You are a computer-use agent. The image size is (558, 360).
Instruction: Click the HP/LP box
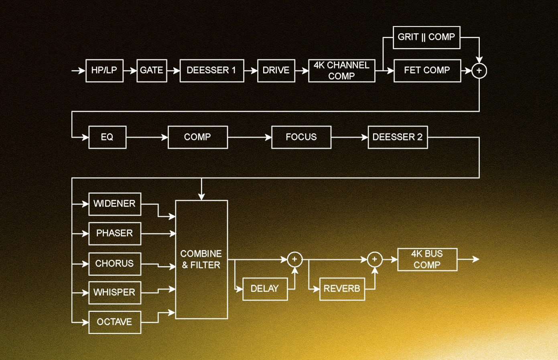point(104,71)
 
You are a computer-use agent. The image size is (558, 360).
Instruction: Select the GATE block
point(152,71)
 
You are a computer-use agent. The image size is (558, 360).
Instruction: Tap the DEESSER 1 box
point(212,71)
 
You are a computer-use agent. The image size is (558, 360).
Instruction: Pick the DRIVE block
point(276,71)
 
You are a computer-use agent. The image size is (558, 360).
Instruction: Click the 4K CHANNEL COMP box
point(341,71)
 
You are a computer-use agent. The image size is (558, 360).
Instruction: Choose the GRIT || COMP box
point(426,37)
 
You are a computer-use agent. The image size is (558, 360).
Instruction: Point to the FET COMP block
point(427,71)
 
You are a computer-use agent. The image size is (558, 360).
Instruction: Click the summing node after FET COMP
point(479,71)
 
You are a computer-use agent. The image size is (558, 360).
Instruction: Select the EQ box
point(107,137)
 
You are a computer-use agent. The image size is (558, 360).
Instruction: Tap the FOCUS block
point(301,137)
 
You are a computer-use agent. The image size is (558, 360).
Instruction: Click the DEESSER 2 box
point(398,137)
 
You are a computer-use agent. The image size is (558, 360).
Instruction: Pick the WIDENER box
point(115,204)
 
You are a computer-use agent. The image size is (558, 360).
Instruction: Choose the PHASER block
point(115,233)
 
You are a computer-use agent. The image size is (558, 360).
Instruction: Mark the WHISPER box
point(115,293)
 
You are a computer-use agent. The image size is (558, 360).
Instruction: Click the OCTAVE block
point(115,322)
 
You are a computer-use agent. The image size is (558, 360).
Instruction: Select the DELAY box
point(265,289)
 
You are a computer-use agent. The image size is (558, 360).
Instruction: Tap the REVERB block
point(342,289)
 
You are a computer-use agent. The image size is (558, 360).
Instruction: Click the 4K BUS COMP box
point(427,259)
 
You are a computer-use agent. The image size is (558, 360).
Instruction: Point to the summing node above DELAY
point(294,259)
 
